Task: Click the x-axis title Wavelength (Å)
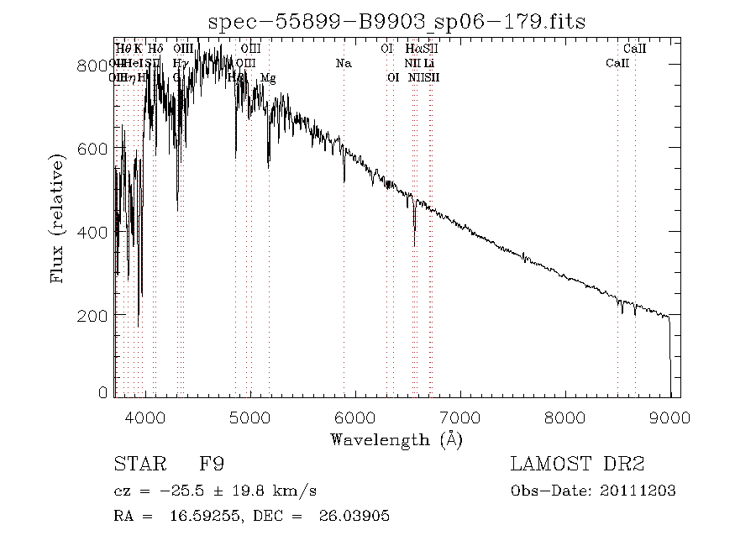pyautogui.click(x=396, y=438)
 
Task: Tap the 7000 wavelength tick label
pyautogui.click(x=460, y=417)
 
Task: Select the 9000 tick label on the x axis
pyautogui.click(x=669, y=417)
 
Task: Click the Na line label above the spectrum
pyautogui.click(x=343, y=63)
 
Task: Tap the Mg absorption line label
pyautogui.click(x=268, y=78)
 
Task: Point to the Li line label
pyautogui.click(x=428, y=63)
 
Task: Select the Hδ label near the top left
pyautogui.click(x=155, y=49)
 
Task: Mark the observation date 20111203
pyautogui.click(x=639, y=491)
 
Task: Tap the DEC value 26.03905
pyautogui.click(x=354, y=517)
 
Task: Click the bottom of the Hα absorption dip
pyautogui.click(x=414, y=244)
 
